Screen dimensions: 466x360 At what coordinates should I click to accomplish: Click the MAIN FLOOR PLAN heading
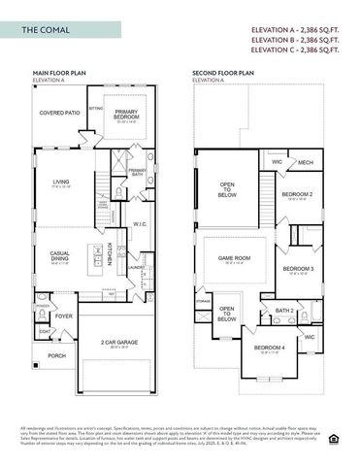tap(60, 73)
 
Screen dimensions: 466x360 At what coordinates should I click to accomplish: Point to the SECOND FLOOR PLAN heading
tap(223, 73)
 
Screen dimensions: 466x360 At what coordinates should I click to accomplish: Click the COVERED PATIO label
tap(60, 113)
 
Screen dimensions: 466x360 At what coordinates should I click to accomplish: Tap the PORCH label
tap(56, 355)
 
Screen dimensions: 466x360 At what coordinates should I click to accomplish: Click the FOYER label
tap(64, 316)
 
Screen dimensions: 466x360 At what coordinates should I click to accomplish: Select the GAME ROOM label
tap(235, 258)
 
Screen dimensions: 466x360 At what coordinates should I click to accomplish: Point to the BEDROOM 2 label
tap(296, 193)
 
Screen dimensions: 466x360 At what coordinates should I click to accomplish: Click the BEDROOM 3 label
tap(297, 268)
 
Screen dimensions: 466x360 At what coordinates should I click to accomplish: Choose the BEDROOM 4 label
tap(269, 348)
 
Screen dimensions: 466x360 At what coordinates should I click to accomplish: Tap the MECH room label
tap(305, 162)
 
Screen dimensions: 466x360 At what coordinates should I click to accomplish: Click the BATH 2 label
tap(284, 310)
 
